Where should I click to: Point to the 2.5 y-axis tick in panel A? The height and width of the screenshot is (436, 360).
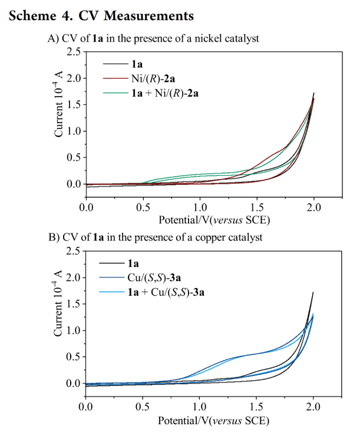[74, 52]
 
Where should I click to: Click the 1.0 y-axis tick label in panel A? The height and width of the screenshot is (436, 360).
[74, 131]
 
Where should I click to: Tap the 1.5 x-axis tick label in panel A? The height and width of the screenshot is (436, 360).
[256, 208]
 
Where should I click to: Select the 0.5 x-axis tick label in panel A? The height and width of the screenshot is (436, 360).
[143, 208]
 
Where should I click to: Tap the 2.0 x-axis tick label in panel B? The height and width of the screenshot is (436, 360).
[313, 407]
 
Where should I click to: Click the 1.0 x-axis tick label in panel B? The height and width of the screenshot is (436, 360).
[200, 407]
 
